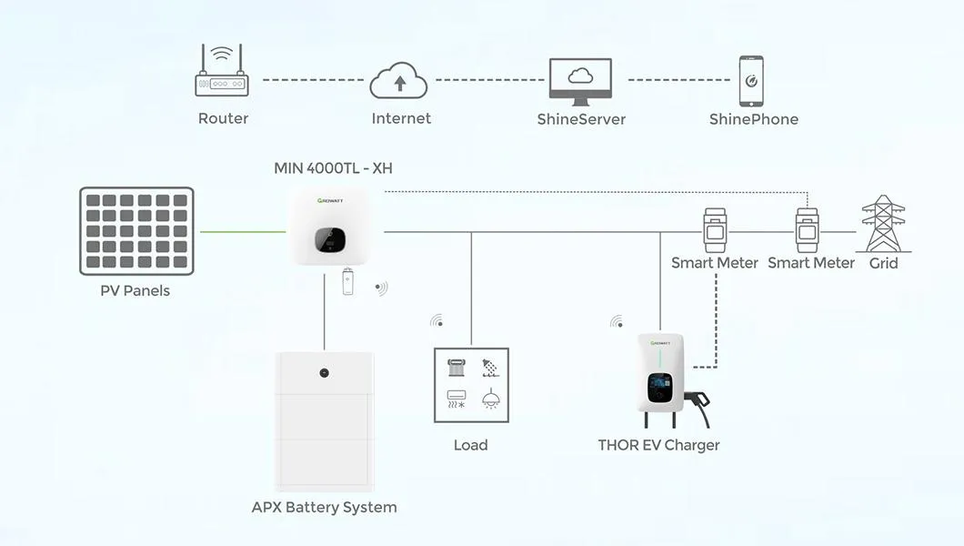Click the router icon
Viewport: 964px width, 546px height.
222,74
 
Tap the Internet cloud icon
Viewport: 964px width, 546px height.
398,81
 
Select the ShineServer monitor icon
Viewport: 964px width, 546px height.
580,80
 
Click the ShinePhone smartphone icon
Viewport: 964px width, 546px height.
751,81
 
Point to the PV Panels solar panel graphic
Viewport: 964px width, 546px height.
136,231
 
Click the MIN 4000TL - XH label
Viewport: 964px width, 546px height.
333,168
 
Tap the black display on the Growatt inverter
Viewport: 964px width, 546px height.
330,240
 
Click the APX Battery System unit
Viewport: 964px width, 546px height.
324,420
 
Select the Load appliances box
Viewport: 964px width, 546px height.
471,384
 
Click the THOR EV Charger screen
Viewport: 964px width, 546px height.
659,387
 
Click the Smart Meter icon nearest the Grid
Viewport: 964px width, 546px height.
807,231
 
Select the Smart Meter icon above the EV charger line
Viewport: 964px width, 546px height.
715,231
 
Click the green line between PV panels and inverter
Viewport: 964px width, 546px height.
242,231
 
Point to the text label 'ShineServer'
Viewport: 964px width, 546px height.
581,119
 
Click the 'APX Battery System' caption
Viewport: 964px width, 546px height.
324,507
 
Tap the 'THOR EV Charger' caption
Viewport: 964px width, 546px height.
658,445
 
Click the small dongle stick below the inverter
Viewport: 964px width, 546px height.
347,282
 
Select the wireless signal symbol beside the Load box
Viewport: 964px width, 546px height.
437,321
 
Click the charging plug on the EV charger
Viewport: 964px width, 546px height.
698,399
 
